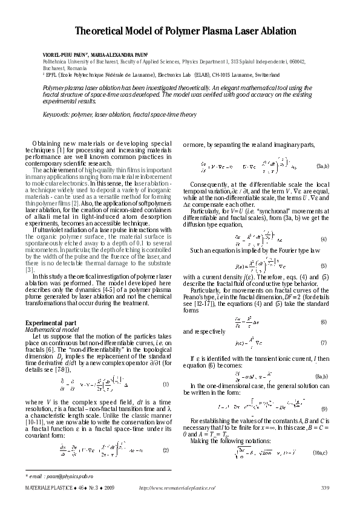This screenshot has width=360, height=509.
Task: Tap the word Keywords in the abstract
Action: coord(57,114)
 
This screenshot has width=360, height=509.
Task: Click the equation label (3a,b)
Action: coord(322,165)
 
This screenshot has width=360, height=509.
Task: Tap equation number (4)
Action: coord(324,223)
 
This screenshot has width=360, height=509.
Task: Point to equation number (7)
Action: coord(324,343)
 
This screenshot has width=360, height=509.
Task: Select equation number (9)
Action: coord(324,409)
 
